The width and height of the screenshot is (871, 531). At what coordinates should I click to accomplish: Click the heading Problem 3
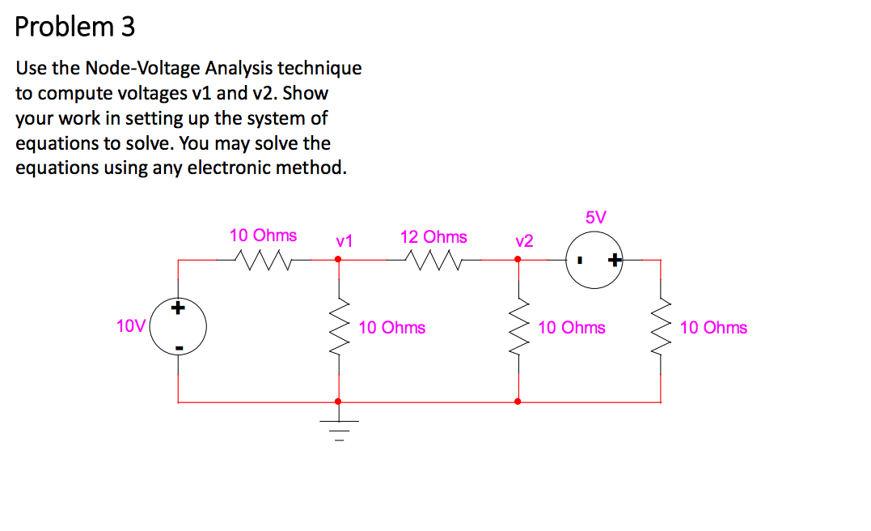tap(75, 28)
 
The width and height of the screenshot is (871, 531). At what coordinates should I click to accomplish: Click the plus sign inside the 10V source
tap(179, 308)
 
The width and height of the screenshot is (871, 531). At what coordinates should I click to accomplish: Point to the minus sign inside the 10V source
tap(179, 348)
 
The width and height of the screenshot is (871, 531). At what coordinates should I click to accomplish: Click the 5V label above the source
tap(594, 217)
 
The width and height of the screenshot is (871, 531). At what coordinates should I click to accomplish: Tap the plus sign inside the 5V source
tap(615, 260)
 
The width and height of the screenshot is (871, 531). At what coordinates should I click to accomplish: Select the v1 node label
tap(345, 240)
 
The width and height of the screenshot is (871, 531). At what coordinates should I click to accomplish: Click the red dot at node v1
tap(338, 260)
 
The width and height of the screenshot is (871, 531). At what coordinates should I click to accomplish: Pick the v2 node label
tap(524, 240)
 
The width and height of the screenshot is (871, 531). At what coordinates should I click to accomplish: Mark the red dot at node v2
tap(518, 260)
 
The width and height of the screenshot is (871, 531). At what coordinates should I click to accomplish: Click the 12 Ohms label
tap(433, 237)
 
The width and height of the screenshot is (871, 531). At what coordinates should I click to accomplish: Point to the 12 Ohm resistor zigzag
tap(433, 259)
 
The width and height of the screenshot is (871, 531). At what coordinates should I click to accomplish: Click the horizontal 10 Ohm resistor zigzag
tap(263, 259)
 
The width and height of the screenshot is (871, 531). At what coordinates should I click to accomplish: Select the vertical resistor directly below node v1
tap(339, 328)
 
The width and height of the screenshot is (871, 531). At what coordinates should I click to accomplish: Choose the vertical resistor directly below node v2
tap(518, 328)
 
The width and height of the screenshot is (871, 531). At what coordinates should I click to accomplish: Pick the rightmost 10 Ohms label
tap(713, 328)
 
